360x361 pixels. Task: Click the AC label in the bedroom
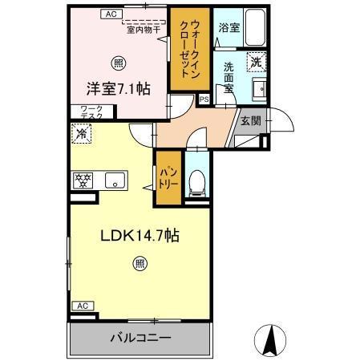(111, 14)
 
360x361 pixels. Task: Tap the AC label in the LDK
(81, 306)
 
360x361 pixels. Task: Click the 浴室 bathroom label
(229, 26)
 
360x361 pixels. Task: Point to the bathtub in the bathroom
(255, 29)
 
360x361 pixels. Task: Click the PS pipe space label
(204, 99)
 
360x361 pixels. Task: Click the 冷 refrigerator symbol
(81, 135)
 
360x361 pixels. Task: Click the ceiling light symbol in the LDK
(140, 262)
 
